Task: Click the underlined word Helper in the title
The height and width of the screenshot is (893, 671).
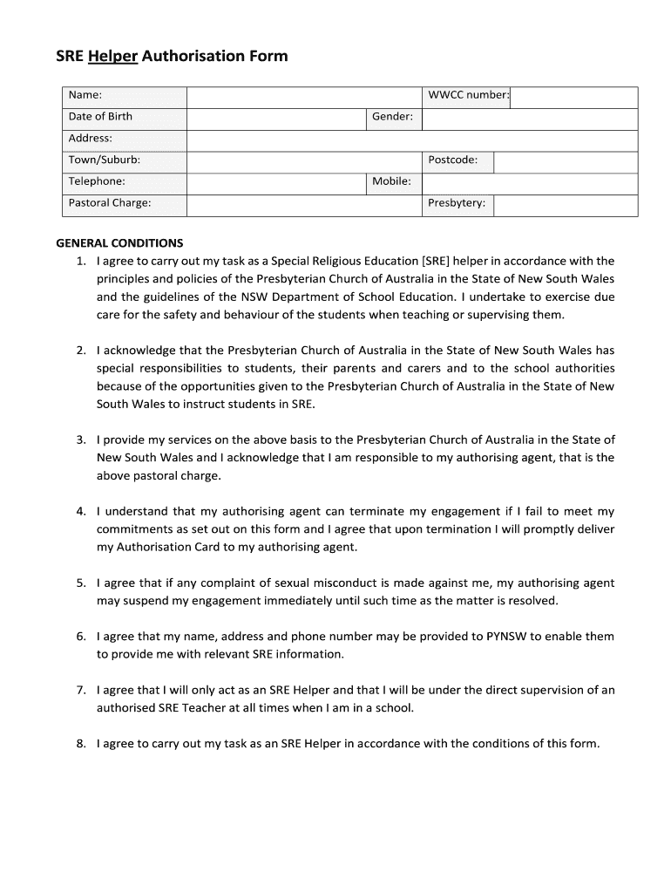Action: point(112,57)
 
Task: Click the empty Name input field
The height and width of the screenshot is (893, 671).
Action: point(303,95)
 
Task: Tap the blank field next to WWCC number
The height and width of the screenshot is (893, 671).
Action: point(573,97)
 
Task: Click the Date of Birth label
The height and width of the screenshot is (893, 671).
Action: point(101,117)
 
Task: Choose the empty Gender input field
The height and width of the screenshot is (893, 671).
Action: point(530,119)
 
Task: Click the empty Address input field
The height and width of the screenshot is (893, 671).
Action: point(412,140)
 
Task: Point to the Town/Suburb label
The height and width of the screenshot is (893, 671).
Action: point(104,160)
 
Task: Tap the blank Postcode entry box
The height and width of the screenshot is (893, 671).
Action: point(565,162)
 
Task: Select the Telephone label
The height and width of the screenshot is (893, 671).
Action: point(97,182)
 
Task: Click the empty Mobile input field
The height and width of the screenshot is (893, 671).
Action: point(530,183)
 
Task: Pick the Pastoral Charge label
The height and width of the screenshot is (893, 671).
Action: point(110,204)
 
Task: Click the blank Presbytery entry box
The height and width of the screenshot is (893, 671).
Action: point(565,206)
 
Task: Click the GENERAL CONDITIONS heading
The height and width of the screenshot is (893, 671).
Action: point(119,244)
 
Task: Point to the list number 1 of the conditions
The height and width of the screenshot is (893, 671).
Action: point(80,262)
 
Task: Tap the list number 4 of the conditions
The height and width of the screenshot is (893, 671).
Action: point(80,512)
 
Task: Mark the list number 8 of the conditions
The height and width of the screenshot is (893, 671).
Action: point(80,745)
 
